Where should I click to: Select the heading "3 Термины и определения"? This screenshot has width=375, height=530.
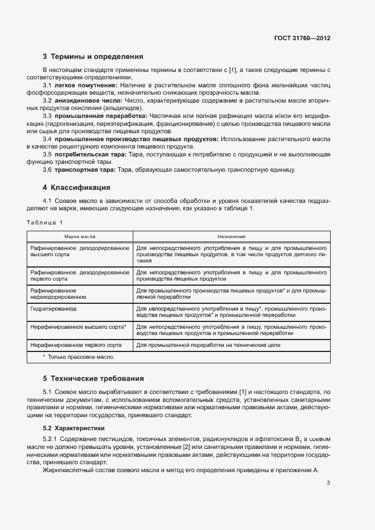click(92, 57)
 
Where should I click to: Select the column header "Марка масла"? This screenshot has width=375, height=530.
click(79, 236)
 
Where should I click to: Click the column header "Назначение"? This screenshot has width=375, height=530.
click(231, 236)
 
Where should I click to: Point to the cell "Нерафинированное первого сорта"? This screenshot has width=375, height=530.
click(76, 345)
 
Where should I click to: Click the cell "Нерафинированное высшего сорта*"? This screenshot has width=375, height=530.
click(78, 327)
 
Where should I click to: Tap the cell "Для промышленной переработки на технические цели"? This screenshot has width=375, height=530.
click(208, 345)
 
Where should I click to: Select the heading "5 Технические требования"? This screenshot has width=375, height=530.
click(94, 378)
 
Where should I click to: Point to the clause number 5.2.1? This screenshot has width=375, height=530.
click(52, 439)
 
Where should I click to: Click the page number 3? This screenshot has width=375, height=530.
click(328, 483)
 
